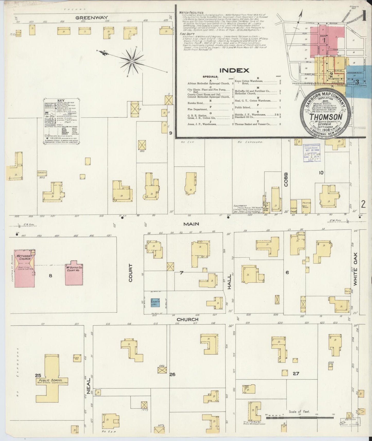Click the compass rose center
click(x=132, y=61)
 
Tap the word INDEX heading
click(x=234, y=70)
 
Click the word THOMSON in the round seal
click(x=326, y=117)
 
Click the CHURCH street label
click(x=191, y=319)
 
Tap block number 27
click(x=296, y=373)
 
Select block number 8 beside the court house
click(x=50, y=276)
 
